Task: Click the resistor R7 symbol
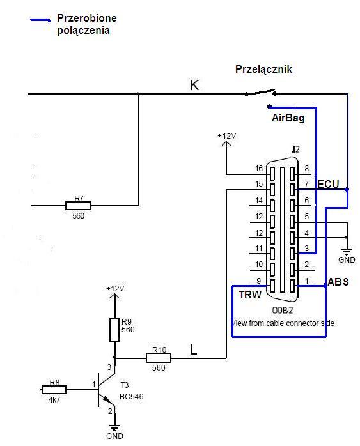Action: (78, 205)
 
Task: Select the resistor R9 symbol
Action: (114, 330)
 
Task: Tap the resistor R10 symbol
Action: (159, 358)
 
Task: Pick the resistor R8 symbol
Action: (54, 390)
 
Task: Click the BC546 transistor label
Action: (132, 397)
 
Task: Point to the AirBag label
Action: (288, 118)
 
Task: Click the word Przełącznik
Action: (263, 69)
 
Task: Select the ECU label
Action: (328, 184)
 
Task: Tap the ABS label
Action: (338, 282)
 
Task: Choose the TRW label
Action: (250, 295)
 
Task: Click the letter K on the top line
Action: (194, 85)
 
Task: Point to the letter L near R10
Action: (193, 350)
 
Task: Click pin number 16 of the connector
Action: (259, 169)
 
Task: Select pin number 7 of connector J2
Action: (306, 184)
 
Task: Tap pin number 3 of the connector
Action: (306, 249)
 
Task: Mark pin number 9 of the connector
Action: (259, 281)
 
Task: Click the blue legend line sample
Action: (40, 20)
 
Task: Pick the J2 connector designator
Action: (295, 150)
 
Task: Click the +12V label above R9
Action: (115, 288)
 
